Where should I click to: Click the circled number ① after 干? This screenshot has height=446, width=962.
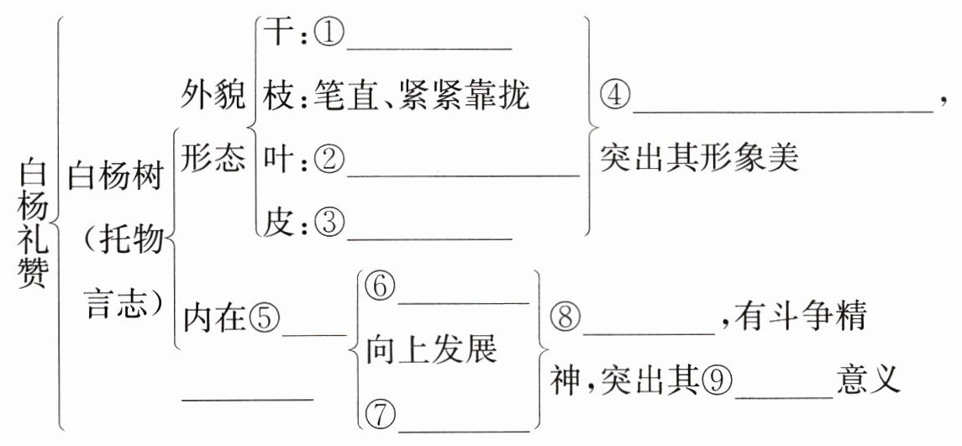(x=329, y=35)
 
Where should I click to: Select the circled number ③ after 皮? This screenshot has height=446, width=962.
(x=329, y=223)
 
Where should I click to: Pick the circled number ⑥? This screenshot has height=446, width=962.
(x=380, y=287)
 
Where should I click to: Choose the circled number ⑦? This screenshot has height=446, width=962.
(x=380, y=414)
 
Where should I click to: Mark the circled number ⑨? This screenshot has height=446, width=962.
(x=718, y=381)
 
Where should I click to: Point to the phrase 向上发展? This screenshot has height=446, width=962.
(x=430, y=350)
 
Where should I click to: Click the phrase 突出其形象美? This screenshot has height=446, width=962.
(x=697, y=159)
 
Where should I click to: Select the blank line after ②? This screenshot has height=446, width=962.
(x=463, y=175)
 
